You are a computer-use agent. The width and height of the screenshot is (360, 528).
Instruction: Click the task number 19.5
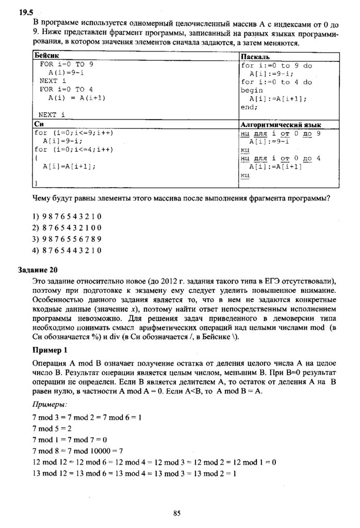point(26,14)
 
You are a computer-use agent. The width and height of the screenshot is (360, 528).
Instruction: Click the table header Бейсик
point(46,56)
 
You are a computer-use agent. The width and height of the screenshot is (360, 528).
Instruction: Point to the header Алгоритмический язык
point(281,125)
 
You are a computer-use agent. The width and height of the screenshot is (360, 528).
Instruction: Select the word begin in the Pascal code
point(252,90)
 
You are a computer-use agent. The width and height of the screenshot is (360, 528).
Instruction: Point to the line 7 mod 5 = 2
point(52,428)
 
